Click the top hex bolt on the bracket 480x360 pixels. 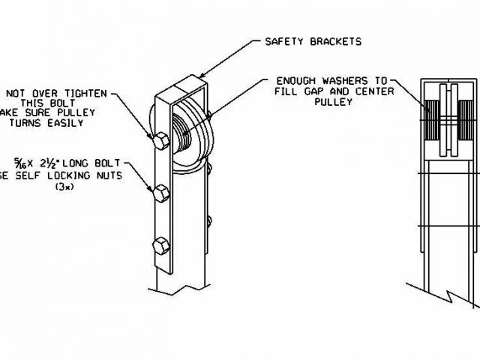pos(159,140)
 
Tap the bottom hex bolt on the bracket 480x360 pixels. pos(160,245)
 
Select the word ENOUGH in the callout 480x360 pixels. pos(295,80)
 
